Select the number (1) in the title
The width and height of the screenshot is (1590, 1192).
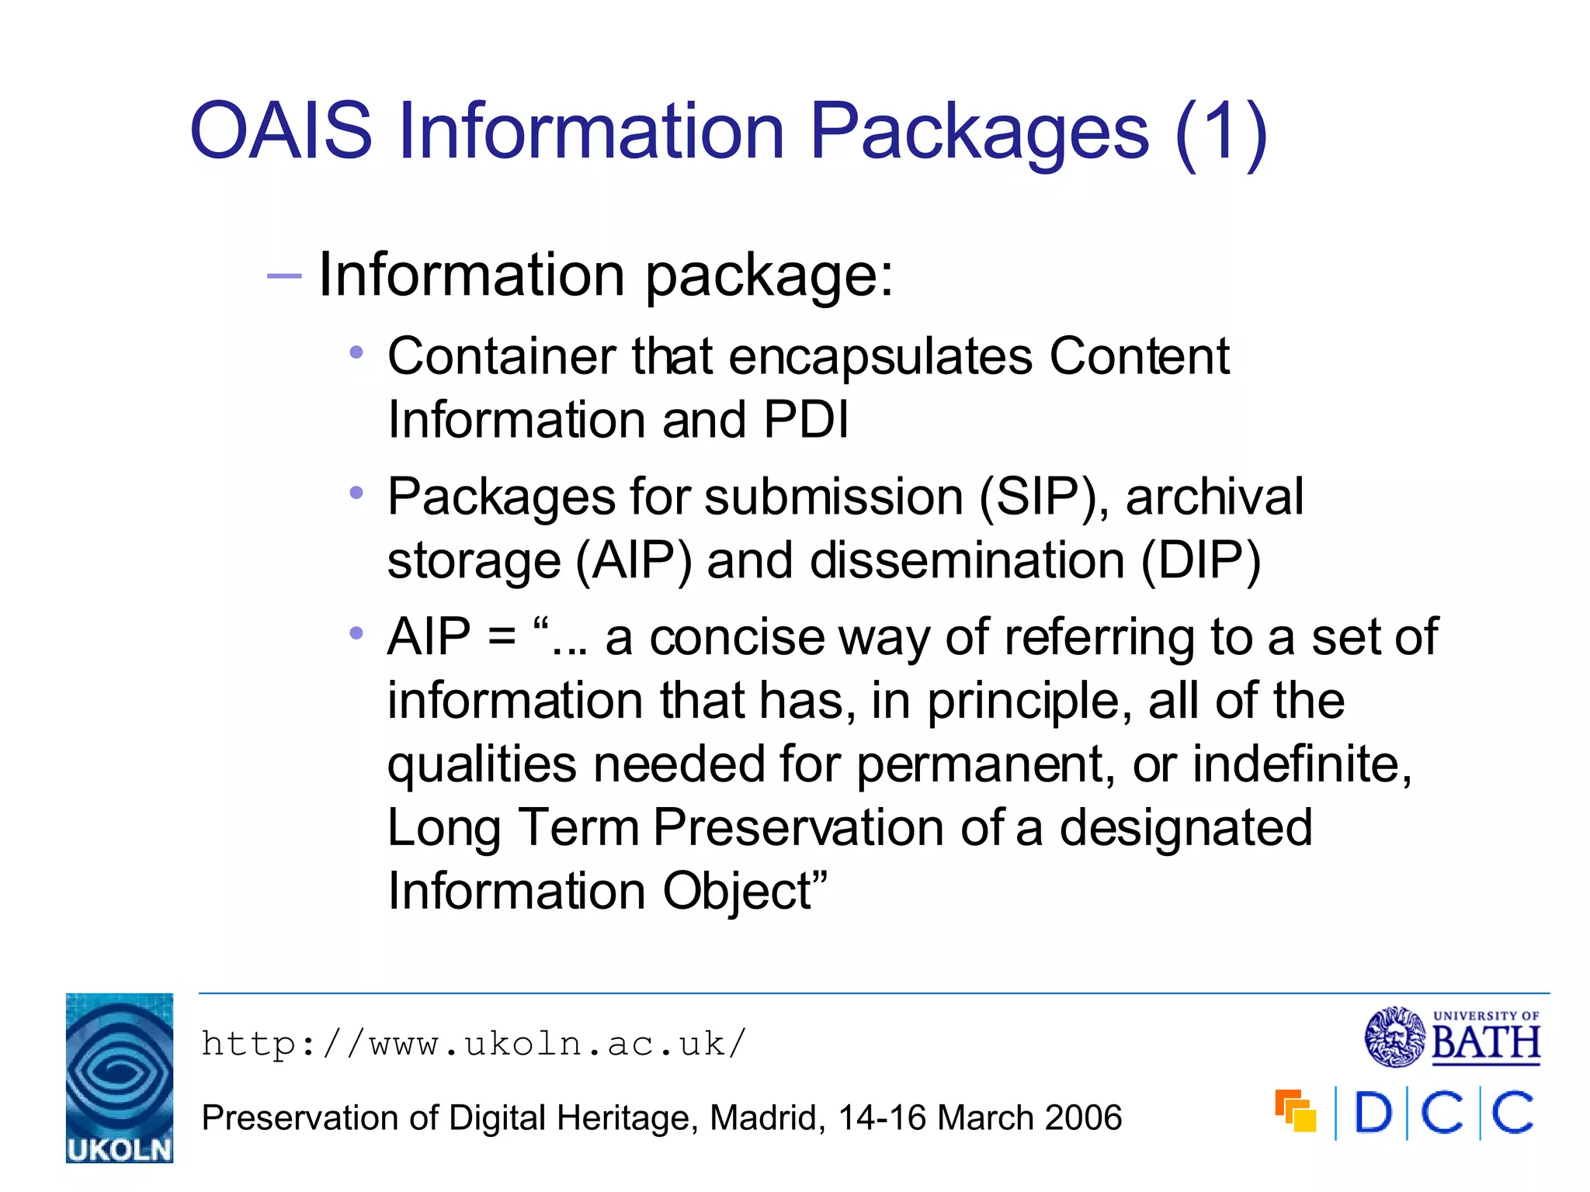[x=1221, y=132]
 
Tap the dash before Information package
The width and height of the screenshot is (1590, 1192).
[x=283, y=275]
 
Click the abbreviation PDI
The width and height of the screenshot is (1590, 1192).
[x=806, y=420]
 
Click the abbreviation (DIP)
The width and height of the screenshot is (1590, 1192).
[x=1200, y=560]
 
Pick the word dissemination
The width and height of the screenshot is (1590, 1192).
[x=967, y=560]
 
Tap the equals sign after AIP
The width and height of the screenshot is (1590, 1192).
[x=502, y=638]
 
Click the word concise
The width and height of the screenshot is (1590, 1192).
[x=736, y=638]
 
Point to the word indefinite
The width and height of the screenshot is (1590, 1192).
[x=1301, y=764]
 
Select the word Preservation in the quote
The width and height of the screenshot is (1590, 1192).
[x=798, y=827]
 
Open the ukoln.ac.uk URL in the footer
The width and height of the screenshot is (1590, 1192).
[x=474, y=1044]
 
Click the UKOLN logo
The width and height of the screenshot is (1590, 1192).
[x=120, y=1078]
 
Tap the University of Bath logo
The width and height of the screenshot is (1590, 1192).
[x=1452, y=1037]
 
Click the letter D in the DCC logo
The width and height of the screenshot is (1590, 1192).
[x=1373, y=1113]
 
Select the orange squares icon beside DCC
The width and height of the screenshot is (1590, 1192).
[x=1295, y=1111]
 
